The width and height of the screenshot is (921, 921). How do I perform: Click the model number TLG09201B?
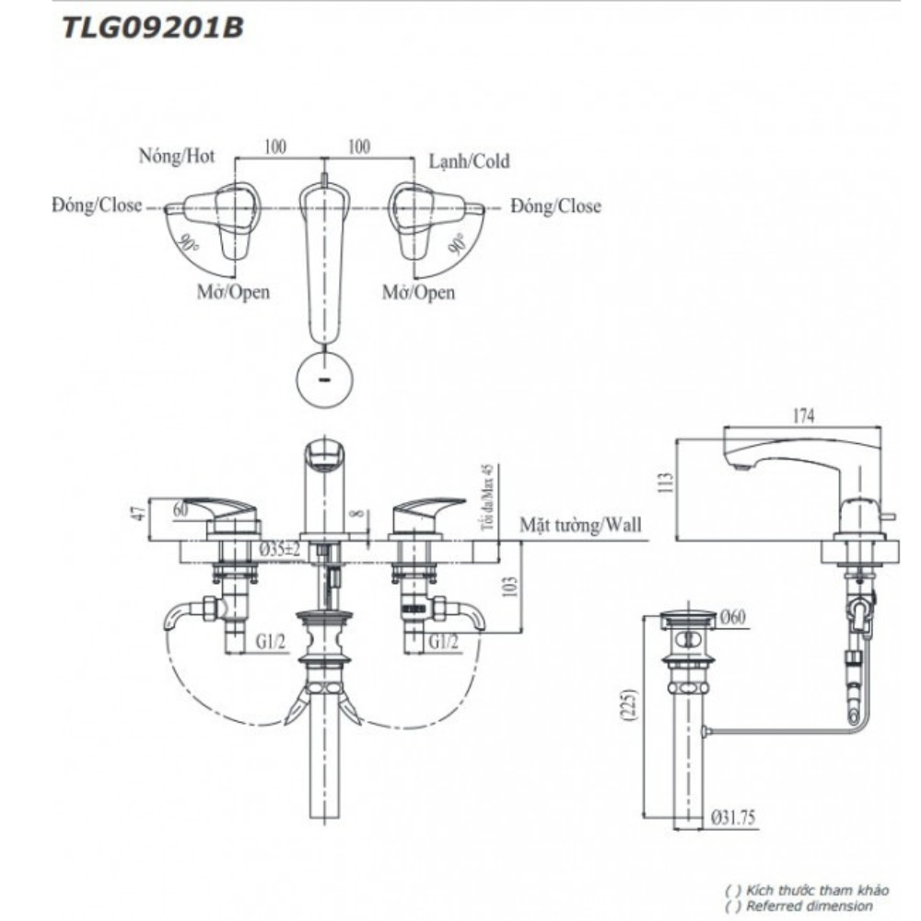151,29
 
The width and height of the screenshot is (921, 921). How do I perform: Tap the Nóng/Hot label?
176,156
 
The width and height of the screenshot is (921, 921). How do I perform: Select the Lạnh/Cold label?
469,161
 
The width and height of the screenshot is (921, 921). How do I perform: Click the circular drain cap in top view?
324,379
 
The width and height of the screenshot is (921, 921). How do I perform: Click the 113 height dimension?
669,482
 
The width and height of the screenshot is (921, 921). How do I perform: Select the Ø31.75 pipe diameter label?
734,816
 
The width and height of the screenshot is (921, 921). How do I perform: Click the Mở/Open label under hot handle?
233,293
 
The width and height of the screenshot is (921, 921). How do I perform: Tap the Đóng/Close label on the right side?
556,206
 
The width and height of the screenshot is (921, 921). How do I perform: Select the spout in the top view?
323,258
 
